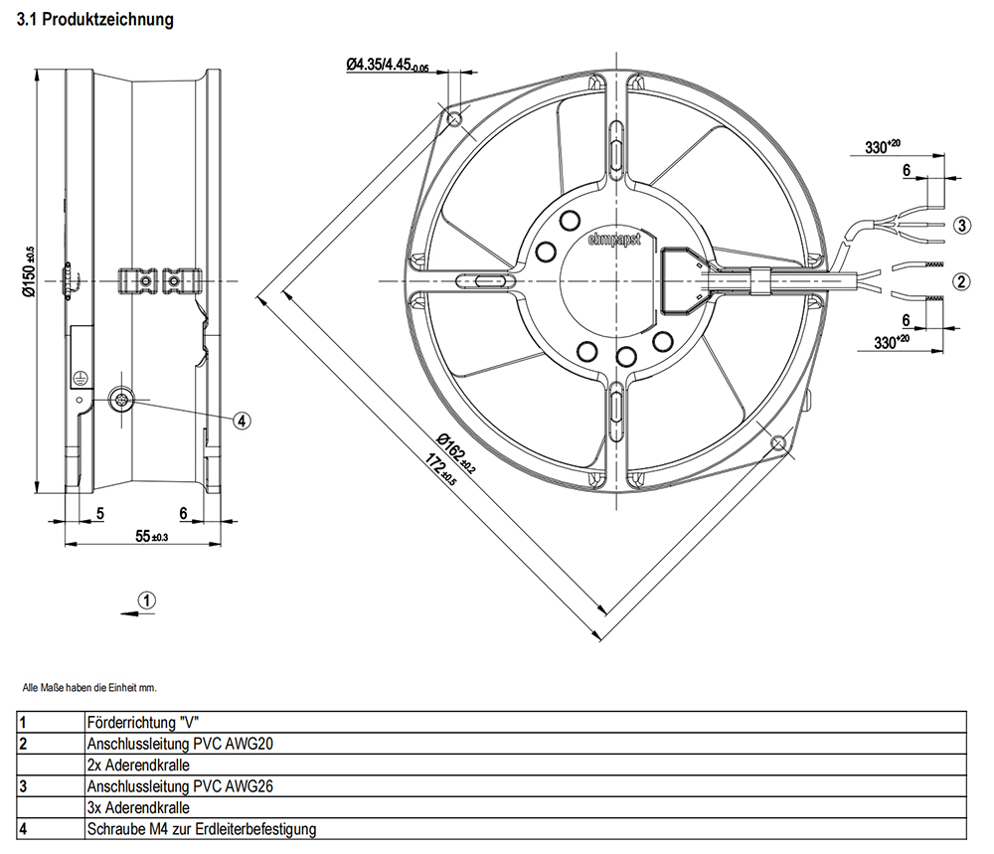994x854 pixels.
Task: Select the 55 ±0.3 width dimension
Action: coord(152,537)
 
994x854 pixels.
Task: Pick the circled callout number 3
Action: coord(960,225)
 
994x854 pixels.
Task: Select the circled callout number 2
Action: coord(960,281)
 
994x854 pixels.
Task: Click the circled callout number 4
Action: coord(242,421)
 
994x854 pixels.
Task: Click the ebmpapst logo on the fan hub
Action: coord(614,239)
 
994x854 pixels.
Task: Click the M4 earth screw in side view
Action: coord(121,400)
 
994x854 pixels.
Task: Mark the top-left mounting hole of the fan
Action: coord(455,119)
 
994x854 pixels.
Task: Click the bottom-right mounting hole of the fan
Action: coord(779,442)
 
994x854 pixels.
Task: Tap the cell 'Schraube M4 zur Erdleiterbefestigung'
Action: coord(202,828)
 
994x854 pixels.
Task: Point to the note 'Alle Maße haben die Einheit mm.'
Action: coord(89,687)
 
